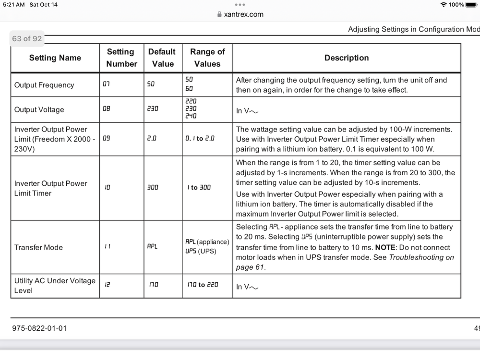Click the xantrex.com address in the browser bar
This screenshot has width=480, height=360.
(244, 14)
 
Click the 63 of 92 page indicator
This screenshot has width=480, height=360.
(27, 38)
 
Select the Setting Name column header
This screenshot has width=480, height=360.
(55, 58)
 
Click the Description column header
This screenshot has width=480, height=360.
(347, 58)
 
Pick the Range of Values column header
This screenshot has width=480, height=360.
(207, 58)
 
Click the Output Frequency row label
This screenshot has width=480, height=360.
(44, 85)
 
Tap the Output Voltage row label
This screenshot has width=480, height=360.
(39, 109)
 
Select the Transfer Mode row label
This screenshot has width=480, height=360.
(38, 247)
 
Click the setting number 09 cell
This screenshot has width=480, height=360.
(107, 138)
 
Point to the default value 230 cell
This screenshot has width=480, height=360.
(153, 109)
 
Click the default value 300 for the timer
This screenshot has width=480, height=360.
(153, 188)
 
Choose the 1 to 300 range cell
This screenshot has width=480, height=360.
(199, 188)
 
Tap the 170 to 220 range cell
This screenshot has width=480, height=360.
(203, 285)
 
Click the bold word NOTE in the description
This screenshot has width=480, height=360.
(385, 247)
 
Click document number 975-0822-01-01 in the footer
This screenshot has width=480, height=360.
(39, 328)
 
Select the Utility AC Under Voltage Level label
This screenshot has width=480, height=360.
(55, 285)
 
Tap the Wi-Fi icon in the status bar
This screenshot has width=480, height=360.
(443, 5)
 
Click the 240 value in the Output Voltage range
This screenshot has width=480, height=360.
(191, 116)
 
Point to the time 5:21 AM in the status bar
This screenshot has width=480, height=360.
(13, 5)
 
